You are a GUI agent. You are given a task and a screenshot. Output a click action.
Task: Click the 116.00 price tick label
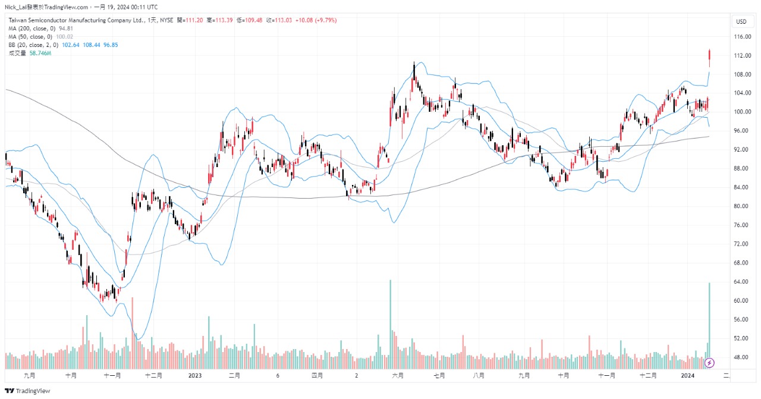point(741,37)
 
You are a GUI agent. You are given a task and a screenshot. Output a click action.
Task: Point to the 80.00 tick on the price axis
point(740,206)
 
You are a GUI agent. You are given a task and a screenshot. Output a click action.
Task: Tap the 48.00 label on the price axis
point(740,357)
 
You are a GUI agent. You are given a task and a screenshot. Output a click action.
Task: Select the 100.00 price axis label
point(741,112)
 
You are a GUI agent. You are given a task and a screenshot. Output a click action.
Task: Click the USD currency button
point(741,21)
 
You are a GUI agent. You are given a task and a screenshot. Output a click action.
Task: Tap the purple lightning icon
point(709,363)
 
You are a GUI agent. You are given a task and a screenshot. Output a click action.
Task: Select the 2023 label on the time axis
point(195,376)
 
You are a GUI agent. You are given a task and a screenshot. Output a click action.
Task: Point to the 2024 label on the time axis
point(687,376)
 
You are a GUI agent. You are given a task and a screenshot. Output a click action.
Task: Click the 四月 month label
point(317,376)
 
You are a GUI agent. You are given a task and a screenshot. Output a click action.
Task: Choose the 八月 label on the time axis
point(479,376)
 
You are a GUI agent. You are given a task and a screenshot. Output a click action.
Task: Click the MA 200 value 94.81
point(66,28)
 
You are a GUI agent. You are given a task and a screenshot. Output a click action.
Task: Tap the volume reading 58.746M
point(40,53)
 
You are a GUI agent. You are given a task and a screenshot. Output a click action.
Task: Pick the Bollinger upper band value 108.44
point(92,45)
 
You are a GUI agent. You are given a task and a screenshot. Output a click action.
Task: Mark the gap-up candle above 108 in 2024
point(709,58)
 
